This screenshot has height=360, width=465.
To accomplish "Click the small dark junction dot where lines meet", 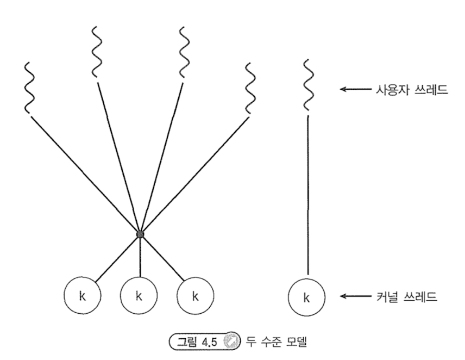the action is tap(140, 234).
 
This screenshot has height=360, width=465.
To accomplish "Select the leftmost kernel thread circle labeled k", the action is tap(82, 297).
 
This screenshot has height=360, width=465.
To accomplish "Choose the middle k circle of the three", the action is tap(139, 297).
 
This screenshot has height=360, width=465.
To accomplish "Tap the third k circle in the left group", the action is tap(195, 297).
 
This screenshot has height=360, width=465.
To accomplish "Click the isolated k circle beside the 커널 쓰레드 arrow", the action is tap(307, 297).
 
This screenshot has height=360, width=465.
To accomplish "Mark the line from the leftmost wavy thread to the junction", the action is tap(84, 174).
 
